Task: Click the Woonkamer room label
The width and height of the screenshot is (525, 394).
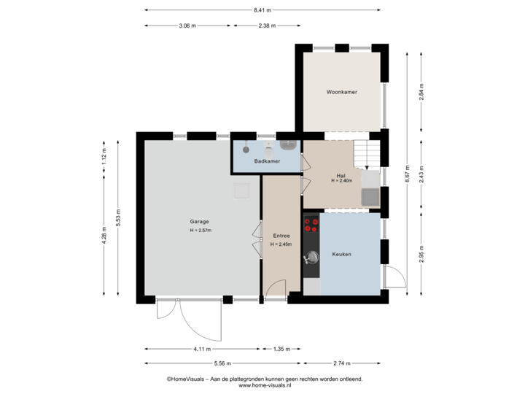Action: (x=341, y=93)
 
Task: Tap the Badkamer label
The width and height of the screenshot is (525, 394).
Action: (x=267, y=161)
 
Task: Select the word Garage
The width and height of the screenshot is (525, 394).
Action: (x=200, y=221)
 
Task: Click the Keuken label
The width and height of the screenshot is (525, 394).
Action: (x=341, y=254)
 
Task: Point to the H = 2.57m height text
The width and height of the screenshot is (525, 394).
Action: (x=200, y=231)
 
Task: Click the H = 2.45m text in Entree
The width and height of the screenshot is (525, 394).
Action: (x=281, y=244)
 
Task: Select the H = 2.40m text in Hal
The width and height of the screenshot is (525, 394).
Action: (x=341, y=181)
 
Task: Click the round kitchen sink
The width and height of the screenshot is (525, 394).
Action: (x=312, y=256)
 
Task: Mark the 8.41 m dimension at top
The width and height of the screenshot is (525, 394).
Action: (x=262, y=10)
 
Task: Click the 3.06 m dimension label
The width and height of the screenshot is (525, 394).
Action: (x=187, y=26)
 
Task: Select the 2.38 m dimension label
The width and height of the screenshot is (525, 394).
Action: (x=266, y=26)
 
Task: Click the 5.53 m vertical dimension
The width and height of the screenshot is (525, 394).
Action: (x=117, y=217)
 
